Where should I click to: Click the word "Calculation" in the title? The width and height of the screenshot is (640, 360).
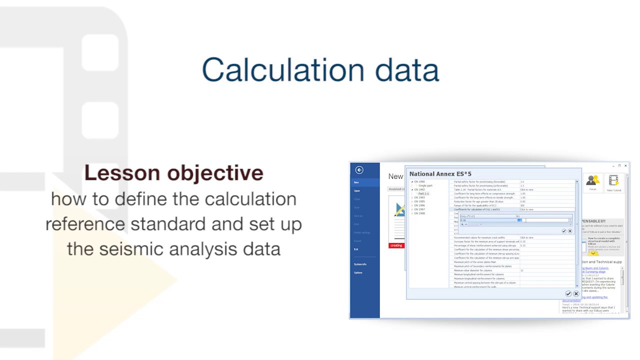pos(284,69)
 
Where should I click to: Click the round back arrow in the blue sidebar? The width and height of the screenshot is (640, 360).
pos(359,170)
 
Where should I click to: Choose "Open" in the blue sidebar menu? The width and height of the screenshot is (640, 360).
pos(357,191)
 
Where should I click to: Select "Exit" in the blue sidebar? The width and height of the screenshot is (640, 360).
pos(356,249)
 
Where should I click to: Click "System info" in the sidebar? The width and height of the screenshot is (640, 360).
pos(360,264)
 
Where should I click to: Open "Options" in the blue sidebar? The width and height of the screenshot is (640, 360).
pos(358,272)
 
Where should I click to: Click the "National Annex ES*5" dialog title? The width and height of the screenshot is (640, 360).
pos(440,174)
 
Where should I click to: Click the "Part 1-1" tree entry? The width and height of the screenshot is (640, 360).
pos(423,193)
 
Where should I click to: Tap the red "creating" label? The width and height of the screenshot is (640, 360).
pos(396,245)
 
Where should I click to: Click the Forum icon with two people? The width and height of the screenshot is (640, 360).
pos(593,181)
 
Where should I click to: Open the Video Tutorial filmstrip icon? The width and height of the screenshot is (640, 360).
pos(613,181)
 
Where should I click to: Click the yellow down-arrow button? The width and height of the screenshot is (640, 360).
pos(592,253)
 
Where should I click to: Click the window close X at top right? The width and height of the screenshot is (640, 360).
pos(625,165)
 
